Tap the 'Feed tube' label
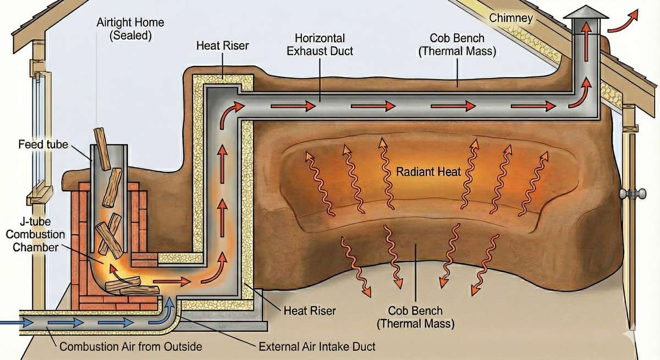click(x=43, y=145)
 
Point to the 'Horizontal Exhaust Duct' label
click(x=320, y=45)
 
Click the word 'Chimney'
click(x=511, y=19)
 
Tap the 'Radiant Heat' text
click(x=428, y=172)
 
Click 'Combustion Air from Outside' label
click(x=131, y=347)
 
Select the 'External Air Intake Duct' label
click(x=317, y=347)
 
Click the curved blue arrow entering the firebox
click(x=167, y=308)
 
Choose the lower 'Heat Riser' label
click(x=310, y=311)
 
